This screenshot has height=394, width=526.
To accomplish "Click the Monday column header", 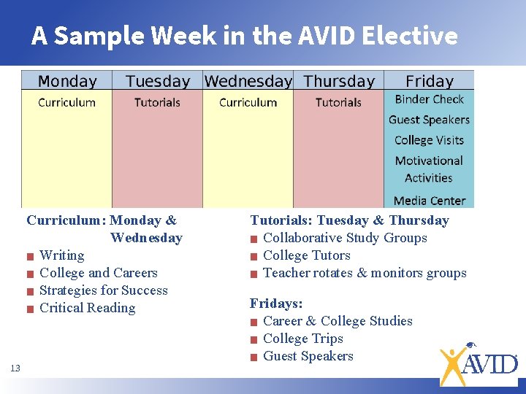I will point(66,81).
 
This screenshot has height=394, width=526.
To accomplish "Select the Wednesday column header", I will point(248,81).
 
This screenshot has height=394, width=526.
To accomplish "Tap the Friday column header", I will point(429,81).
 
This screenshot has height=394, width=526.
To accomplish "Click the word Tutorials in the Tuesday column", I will point(157,102).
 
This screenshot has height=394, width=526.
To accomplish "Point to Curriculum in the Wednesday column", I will point(248,102).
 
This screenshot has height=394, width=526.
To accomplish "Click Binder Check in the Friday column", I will point(429,99).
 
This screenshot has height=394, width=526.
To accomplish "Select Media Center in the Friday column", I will point(429,201).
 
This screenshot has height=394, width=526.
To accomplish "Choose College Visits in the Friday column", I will point(429,140).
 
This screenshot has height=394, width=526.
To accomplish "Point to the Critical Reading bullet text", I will point(87,308).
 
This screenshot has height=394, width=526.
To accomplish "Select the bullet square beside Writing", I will point(30,256).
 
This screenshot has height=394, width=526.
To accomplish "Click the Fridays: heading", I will point(276,303).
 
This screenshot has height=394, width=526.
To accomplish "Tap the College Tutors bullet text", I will point(306,255).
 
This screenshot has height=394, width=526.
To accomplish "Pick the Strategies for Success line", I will point(103,290).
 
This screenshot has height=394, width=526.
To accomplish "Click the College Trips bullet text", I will point(302,339).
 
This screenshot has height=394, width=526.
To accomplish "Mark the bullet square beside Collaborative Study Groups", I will point(254,239).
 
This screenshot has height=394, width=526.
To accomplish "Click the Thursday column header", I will point(339,81).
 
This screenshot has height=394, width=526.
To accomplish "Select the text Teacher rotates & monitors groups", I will point(364,273).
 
